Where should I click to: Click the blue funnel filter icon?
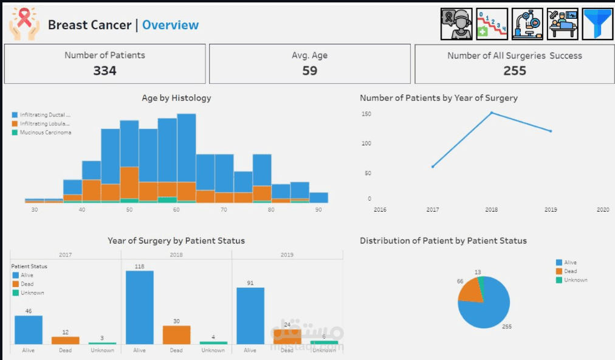click(597, 24)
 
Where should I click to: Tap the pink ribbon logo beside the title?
click(24, 24)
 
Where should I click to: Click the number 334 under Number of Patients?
click(105, 71)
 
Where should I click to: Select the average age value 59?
click(309, 71)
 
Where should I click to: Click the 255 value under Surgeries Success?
click(514, 71)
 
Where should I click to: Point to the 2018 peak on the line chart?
click(492, 112)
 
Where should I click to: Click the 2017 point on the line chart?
click(433, 167)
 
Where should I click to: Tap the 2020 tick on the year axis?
click(602, 210)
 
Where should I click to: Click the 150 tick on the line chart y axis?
click(366, 114)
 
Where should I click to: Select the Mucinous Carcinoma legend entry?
click(45, 133)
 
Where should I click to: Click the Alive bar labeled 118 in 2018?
click(139, 307)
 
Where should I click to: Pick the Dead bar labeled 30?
click(176, 335)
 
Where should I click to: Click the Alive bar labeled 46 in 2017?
click(29, 330)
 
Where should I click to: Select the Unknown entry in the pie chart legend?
click(575, 280)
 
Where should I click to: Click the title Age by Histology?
click(176, 98)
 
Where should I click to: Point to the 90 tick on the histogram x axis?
click(318, 210)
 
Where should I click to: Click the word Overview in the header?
click(170, 25)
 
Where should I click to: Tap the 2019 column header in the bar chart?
click(287, 255)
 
